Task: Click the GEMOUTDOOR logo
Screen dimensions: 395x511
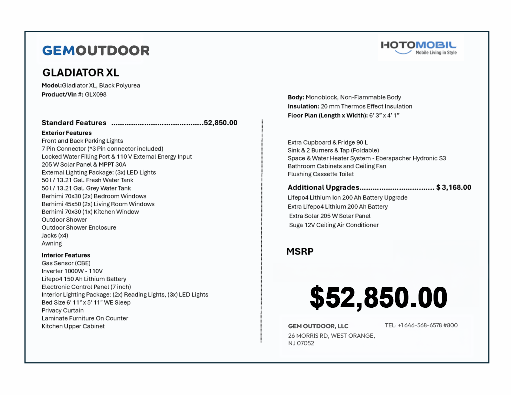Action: point(96,50)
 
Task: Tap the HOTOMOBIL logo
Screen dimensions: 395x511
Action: point(419,48)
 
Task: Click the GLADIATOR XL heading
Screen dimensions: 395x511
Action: point(81,73)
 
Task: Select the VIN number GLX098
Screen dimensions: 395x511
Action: point(96,94)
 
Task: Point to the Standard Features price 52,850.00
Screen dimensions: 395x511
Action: point(221,123)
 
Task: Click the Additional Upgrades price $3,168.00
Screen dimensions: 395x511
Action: point(454,188)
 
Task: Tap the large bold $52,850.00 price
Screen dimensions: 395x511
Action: point(378,298)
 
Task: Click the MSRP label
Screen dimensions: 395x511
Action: point(300,252)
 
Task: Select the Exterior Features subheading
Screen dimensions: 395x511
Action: point(67,133)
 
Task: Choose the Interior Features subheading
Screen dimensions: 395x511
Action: point(66,255)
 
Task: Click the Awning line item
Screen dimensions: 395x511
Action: point(52,244)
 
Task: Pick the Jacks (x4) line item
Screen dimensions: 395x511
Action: point(55,236)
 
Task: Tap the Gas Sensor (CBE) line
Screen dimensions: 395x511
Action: point(66,263)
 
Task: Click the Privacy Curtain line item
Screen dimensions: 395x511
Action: point(63,310)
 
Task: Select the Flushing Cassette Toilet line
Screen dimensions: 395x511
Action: point(321,174)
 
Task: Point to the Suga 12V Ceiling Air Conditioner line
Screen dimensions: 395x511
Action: point(334,225)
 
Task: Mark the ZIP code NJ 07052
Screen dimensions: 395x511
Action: point(301,344)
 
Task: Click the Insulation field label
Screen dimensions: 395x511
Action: point(303,106)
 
